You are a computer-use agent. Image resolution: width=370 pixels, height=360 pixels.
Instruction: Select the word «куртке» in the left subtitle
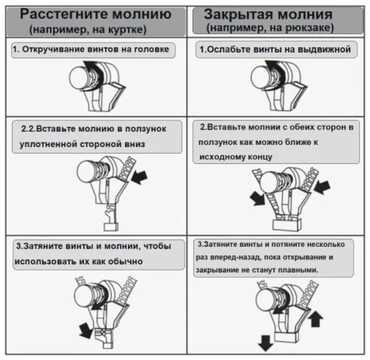[x=127, y=30]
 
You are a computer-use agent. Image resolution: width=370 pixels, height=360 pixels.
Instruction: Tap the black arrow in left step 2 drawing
[x=139, y=178]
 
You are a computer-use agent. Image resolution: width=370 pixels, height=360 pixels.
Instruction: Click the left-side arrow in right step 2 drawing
[x=258, y=198]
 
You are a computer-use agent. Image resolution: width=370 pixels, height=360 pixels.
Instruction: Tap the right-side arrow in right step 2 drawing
[x=322, y=187]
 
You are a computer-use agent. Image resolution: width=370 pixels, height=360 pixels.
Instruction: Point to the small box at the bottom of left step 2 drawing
[x=111, y=227]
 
